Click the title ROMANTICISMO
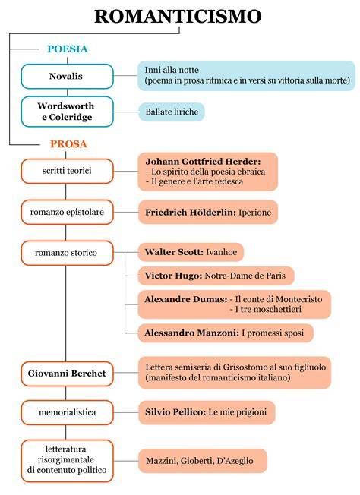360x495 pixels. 178,16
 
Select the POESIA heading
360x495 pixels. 68,49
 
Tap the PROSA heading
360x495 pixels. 68,144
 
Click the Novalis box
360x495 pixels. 67,77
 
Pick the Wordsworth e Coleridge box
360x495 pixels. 67,112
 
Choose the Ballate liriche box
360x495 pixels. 172,112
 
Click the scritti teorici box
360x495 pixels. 67,171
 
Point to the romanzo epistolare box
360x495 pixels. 67,212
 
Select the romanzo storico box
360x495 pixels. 67,253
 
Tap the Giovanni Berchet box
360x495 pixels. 67,374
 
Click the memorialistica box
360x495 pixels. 67,412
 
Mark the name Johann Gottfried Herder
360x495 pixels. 203,162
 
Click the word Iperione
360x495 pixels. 254,212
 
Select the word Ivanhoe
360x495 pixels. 221,252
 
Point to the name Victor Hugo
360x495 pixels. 173,276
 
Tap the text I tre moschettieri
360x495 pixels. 268,309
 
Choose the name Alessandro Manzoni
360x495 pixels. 191,333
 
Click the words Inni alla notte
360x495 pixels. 172,70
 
